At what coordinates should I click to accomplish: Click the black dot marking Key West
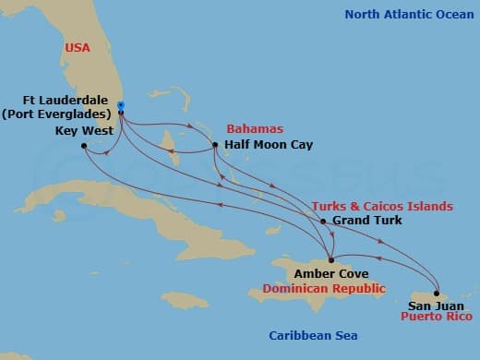[83, 146]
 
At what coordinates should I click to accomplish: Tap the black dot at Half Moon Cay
[214, 145]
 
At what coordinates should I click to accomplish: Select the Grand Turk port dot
[322, 222]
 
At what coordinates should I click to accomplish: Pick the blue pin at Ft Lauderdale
[121, 107]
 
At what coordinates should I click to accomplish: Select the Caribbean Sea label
[313, 336]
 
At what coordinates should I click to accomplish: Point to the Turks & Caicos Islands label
[382, 206]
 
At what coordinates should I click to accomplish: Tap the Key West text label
[84, 131]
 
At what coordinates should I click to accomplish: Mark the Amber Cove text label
[330, 274]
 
